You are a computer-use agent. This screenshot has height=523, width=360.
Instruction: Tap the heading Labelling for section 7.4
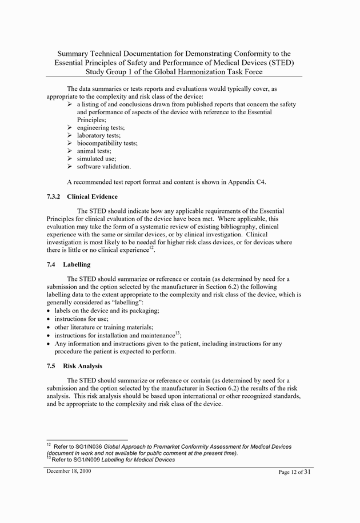[x=77, y=265]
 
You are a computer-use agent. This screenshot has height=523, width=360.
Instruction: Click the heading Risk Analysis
[x=83, y=366]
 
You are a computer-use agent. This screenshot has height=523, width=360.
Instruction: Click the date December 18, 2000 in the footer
[x=69, y=471]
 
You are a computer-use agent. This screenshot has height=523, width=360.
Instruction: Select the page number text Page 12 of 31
[x=294, y=472]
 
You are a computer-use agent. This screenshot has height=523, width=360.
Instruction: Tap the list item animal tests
[x=94, y=151]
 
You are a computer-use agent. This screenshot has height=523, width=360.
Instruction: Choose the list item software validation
[x=103, y=167]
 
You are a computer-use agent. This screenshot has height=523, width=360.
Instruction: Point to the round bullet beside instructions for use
[x=49, y=319]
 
